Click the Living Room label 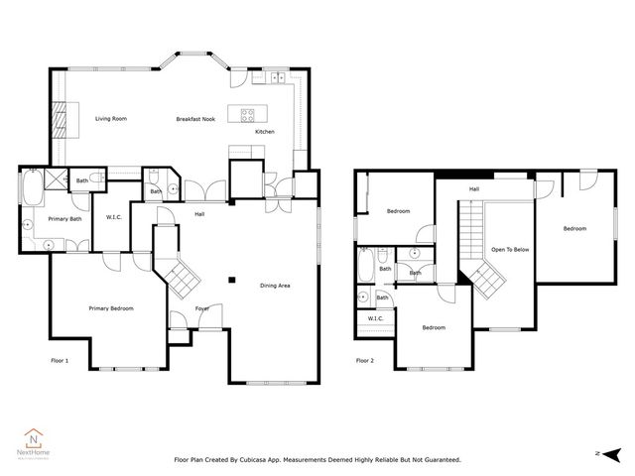pos(111,119)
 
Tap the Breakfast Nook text pos(195,119)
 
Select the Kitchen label pos(265,132)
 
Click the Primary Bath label pos(63,218)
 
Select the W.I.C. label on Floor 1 pos(113,216)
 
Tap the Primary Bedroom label pos(110,308)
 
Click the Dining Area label pos(275,286)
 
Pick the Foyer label pos(201,308)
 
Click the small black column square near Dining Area pos(231,280)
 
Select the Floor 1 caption pos(60,361)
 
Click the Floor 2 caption pos(365,361)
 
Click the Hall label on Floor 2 pos(474,188)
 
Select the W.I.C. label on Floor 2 pos(375,318)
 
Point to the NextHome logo pos(35,438)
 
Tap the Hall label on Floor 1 pos(199,213)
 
